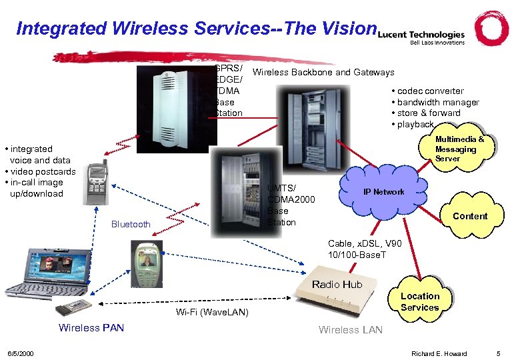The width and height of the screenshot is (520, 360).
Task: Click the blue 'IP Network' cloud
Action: click(x=382, y=191)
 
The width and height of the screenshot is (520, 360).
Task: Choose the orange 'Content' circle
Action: click(x=469, y=216)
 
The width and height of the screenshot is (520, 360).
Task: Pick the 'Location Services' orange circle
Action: click(x=419, y=301)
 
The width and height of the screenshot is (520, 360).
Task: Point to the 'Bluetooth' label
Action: click(x=131, y=224)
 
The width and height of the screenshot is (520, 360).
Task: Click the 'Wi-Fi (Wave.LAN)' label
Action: click(x=212, y=312)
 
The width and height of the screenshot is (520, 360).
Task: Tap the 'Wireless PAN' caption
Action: click(x=91, y=327)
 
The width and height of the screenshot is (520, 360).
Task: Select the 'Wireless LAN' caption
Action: click(x=350, y=329)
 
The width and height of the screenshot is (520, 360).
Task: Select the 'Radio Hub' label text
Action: click(x=337, y=285)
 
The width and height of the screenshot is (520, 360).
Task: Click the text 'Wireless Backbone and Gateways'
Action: click(x=324, y=72)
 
